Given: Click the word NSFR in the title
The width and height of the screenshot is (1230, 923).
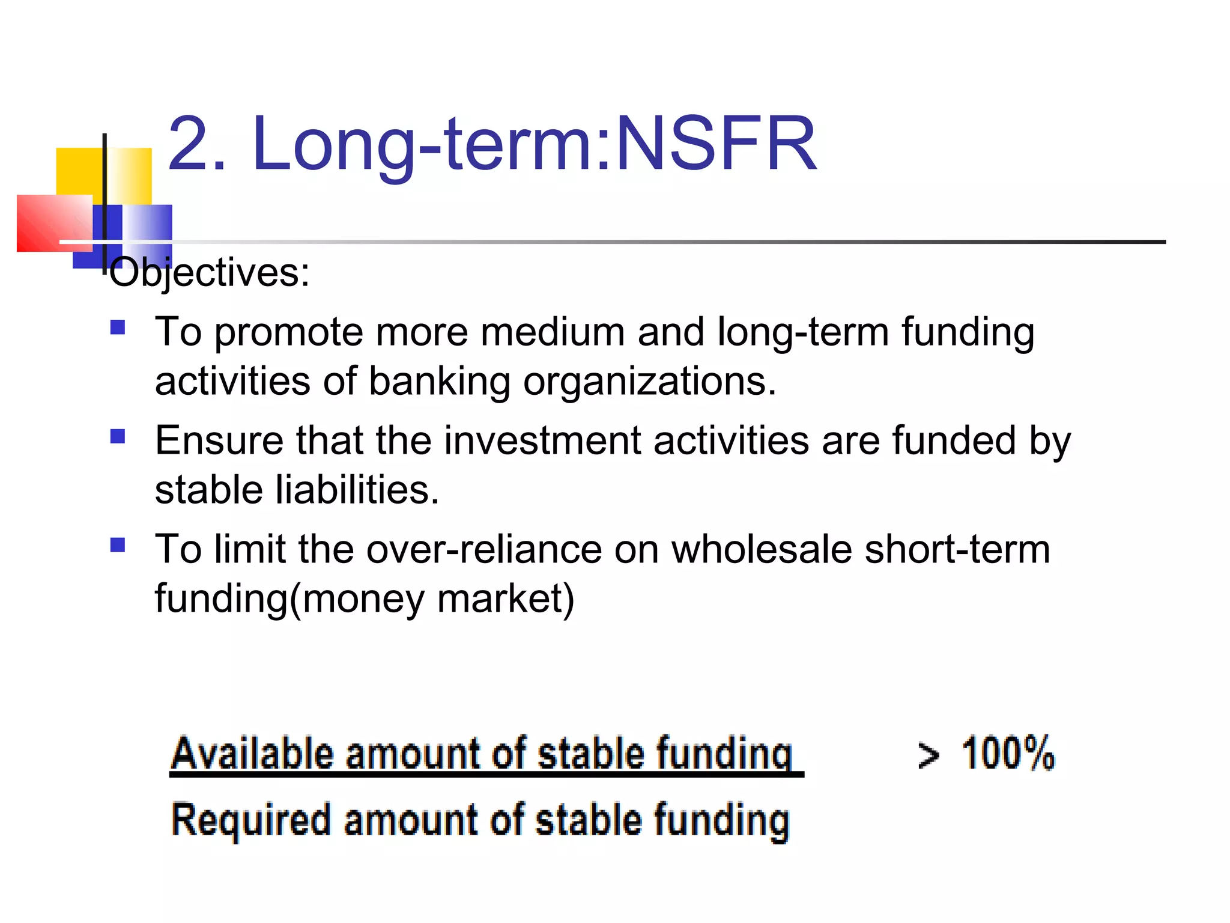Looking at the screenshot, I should click(716, 144).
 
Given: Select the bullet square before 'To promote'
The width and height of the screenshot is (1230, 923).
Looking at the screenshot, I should click(118, 327).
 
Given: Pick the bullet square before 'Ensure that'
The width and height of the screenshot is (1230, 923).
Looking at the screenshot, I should click(118, 436).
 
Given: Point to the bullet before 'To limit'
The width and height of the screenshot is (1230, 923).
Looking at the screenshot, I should click(118, 545).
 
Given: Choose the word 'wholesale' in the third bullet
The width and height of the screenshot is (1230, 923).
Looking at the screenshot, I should click(761, 549).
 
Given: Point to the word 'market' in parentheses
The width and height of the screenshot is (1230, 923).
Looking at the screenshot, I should click(500, 599).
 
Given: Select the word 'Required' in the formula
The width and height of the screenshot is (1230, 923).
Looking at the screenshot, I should click(251, 820).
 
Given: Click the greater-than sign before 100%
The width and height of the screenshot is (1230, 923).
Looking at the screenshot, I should click(929, 755).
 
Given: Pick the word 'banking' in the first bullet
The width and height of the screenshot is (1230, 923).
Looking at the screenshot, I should click(439, 382).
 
